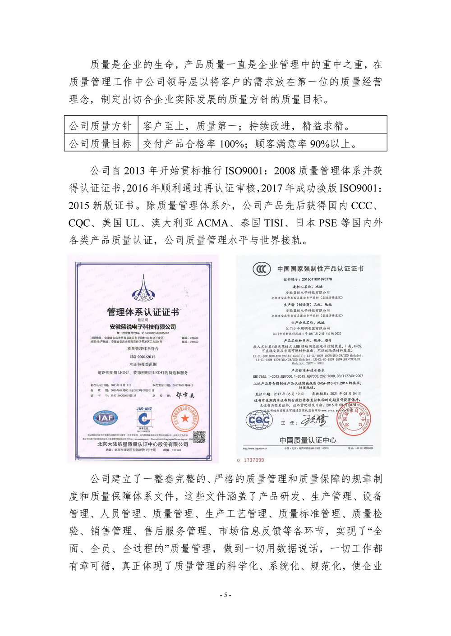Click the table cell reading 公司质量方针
pos(100,126)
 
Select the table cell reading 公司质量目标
pos(100,143)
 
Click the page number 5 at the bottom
pos(225,595)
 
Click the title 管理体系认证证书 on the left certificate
pos(143,312)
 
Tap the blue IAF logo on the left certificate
pos(106,418)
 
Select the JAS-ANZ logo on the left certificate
pos(144,417)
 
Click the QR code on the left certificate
pos(199,436)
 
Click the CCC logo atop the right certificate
pos(262,269)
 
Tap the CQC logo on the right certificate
pos(259,420)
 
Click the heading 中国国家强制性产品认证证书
pos(320,269)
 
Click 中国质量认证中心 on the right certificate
pos(308,440)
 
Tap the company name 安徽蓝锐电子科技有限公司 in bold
pos(143,327)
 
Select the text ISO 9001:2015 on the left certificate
pos(143,357)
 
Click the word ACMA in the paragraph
pos(212,223)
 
